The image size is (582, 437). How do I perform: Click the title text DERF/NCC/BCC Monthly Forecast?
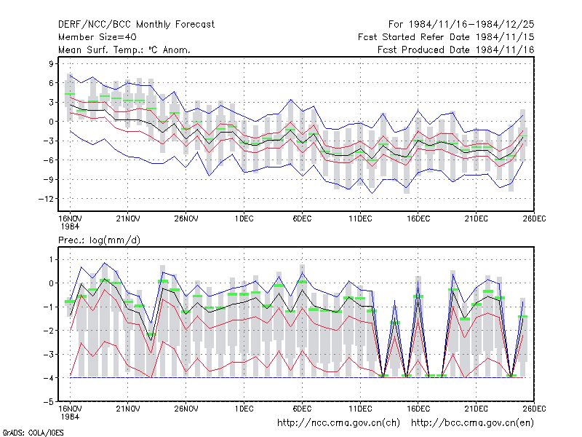pos(136,25)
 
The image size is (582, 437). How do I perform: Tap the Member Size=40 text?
pos(97,37)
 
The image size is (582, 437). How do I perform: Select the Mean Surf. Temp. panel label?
pos(124,50)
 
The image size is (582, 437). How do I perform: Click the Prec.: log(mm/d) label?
pos(99,240)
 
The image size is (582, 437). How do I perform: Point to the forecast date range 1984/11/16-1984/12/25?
pos(461,25)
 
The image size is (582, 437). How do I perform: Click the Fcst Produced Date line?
pos(456,50)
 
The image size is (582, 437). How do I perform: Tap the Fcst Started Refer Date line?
pos(446,37)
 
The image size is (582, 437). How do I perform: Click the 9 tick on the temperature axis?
pos(51,63)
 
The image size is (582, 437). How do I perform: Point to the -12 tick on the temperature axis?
pos(46,199)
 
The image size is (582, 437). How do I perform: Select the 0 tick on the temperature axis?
pos(51,122)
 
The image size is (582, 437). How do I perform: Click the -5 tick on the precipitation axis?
pos(49,402)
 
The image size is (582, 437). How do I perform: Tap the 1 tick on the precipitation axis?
pos(51,259)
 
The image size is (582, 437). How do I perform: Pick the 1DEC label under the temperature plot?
pos(244,219)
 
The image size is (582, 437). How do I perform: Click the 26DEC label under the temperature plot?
pos(534,219)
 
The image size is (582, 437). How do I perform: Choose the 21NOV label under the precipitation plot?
pos(128,409)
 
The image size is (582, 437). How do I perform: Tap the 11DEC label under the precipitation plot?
pos(360,409)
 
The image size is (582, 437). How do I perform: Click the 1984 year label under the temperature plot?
pos(70,227)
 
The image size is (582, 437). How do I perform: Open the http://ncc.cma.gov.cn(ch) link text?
pos(338,423)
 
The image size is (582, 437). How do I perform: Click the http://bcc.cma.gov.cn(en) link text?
pos(472,423)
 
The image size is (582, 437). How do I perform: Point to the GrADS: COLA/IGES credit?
pos(33,433)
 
